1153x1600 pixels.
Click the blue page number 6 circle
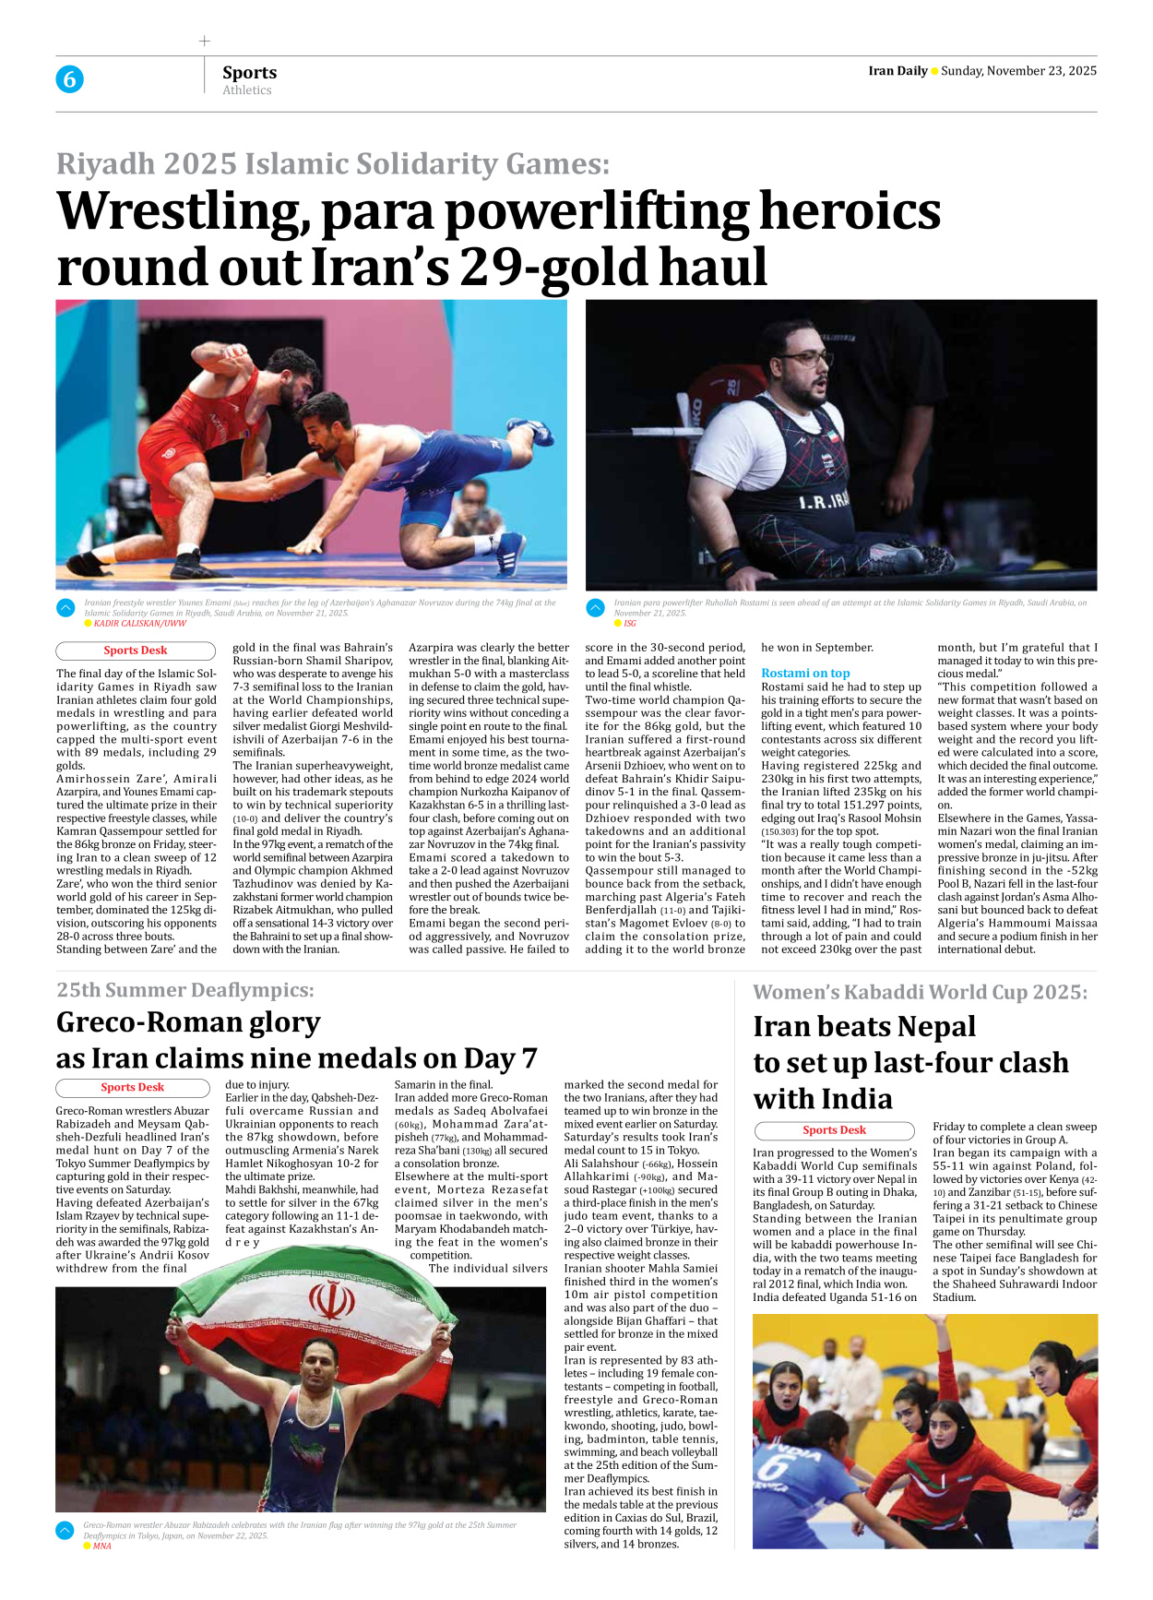[69, 79]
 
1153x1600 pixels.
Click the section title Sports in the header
[249, 72]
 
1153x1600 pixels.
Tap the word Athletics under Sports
[247, 90]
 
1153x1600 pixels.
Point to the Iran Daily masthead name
[897, 71]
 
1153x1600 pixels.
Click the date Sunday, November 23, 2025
[1018, 71]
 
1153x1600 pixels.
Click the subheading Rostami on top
[805, 673]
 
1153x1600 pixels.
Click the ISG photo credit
[630, 624]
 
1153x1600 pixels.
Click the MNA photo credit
[101, 1546]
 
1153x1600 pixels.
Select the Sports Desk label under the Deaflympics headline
[133, 1088]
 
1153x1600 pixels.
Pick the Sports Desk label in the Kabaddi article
[834, 1130]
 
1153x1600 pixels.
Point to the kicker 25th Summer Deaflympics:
[184, 990]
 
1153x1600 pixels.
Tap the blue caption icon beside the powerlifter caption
[596, 608]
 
